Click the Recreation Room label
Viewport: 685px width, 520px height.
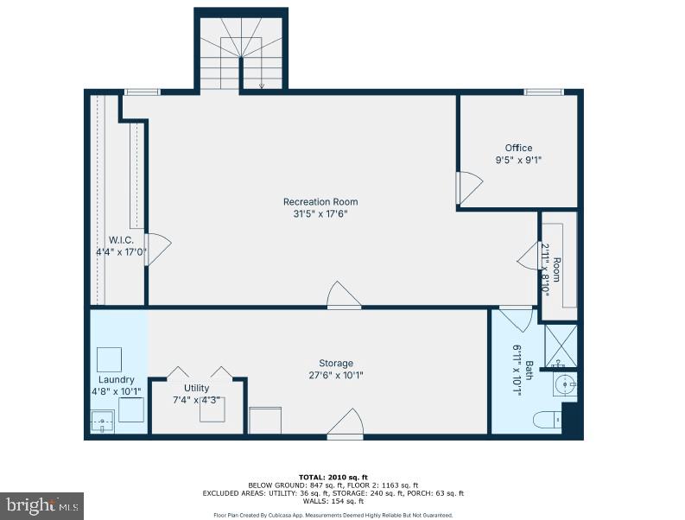[320, 202]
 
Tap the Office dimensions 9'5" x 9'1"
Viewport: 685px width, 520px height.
[518, 160]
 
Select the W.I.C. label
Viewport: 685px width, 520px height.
[120, 239]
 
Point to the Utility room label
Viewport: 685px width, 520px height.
[196, 388]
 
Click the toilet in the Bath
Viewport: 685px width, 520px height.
[546, 421]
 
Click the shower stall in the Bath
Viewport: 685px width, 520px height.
[561, 345]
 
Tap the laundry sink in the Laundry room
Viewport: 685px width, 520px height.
[103, 422]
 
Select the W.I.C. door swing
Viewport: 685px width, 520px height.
[157, 249]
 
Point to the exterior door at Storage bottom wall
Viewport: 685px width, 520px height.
[345, 425]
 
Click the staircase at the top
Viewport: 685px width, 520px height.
[240, 52]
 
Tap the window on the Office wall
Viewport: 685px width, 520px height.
[544, 92]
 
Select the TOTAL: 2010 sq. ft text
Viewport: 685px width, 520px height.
[333, 477]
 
